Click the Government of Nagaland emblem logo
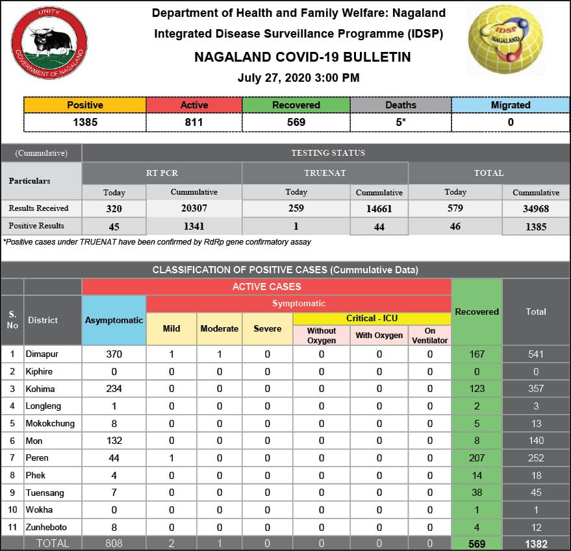tap(49, 43)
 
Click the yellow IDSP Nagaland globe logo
tap(507, 40)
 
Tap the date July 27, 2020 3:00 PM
tap(298, 78)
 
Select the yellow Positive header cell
tap(85, 104)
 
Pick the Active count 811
tap(194, 122)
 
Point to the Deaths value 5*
tap(400, 122)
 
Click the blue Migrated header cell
tap(511, 104)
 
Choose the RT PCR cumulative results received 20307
tap(194, 208)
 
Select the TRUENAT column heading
tap(325, 173)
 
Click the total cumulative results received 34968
tap(535, 208)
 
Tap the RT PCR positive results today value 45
tap(114, 227)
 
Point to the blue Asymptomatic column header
tap(114, 320)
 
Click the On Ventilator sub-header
tap(429, 336)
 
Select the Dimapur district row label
tap(40, 354)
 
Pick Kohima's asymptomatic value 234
tap(114, 389)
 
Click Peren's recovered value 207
tap(476, 458)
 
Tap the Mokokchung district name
tap(50, 423)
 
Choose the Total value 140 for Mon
tap(535, 441)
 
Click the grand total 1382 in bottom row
tap(535, 544)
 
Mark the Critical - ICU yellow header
tap(372, 318)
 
